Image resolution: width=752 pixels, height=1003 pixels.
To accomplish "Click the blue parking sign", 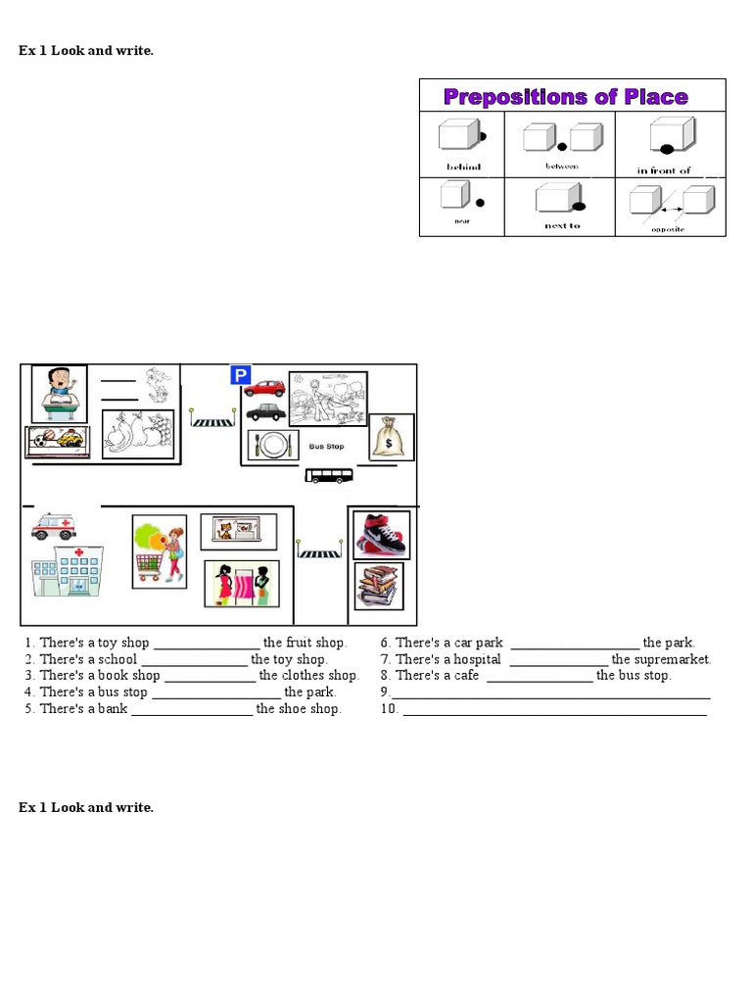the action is point(240,375).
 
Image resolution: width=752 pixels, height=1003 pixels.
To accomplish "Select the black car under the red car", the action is point(264,412).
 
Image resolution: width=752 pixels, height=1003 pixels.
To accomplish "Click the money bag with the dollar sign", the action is point(392,437).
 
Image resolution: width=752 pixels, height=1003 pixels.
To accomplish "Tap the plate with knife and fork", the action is point(273,446).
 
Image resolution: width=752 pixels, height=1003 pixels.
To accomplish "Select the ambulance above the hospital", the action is point(53,527).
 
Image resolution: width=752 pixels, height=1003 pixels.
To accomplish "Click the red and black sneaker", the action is point(381,535).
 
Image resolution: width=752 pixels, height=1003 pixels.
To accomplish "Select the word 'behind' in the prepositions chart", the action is point(463,167).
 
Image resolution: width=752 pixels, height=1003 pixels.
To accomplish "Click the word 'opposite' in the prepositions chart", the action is point(668,229).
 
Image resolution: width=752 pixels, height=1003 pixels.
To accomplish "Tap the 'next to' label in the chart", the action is point(562,225).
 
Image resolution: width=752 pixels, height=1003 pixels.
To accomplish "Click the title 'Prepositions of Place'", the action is point(566,97).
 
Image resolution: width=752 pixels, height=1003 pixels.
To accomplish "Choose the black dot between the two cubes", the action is point(562,147).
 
